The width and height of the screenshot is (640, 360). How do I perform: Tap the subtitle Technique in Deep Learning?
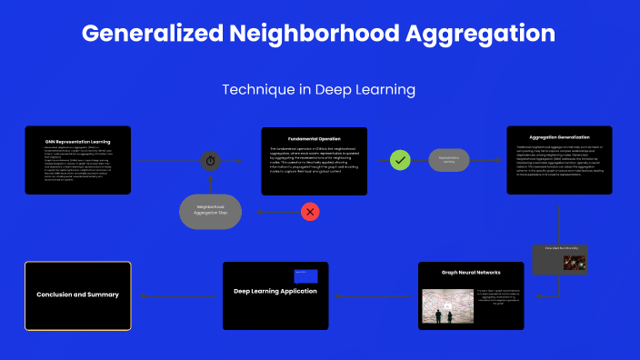319,90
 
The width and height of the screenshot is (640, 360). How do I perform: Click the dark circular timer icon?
211,161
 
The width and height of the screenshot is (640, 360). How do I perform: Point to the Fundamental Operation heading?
315,139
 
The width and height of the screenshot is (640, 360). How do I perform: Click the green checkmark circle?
399,160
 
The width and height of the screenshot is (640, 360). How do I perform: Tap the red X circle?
310,212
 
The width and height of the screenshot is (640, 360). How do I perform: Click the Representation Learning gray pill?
449,160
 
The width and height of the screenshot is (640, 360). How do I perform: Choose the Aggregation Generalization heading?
559,137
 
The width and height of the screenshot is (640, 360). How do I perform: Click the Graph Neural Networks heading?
471,272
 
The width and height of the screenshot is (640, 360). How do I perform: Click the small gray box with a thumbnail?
560,259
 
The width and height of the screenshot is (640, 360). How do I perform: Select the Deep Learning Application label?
275,291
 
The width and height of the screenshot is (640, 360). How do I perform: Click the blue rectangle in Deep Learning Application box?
305,276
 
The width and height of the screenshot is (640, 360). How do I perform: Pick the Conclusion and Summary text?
77,295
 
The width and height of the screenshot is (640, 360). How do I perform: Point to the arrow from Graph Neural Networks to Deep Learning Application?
373,295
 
